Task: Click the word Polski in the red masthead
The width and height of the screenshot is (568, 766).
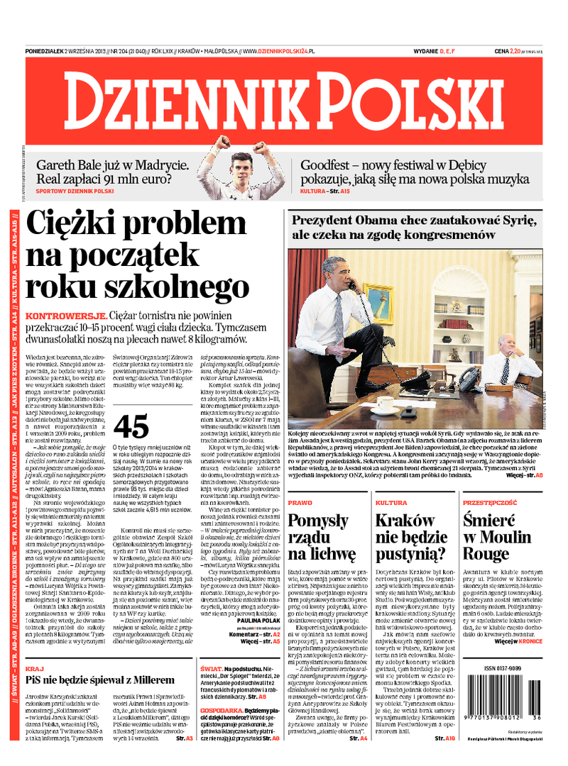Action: (410, 101)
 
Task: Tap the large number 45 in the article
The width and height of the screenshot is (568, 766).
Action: (131, 426)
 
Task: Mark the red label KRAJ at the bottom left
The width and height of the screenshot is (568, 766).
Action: (34, 669)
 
